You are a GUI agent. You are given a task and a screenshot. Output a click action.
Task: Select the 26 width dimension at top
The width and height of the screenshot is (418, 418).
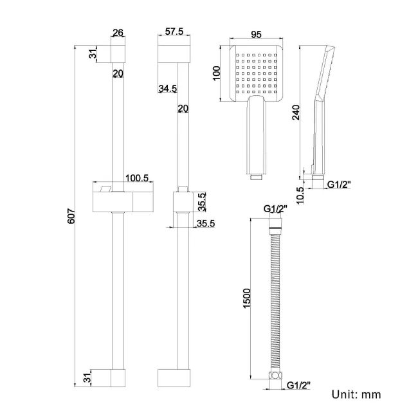tap(118, 33)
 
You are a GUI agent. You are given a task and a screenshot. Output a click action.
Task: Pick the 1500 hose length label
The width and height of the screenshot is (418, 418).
tap(247, 298)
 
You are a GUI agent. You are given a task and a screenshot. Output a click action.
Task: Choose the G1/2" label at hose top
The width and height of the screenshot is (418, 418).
tap(275, 209)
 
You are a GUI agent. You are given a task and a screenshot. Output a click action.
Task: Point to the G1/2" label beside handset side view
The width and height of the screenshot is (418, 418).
tap(339, 186)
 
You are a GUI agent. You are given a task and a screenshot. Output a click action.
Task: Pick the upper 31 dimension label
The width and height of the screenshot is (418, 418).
tap(93, 54)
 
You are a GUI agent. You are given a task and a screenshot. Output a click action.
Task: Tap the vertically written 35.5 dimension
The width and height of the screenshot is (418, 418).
tap(201, 202)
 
